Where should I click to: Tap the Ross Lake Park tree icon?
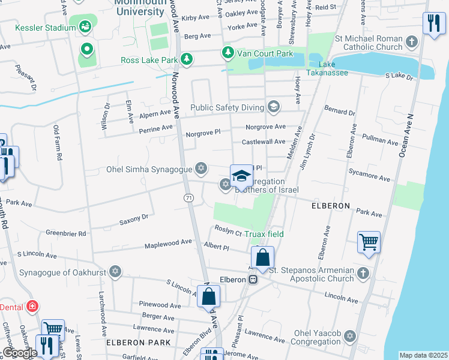(x=187, y=59)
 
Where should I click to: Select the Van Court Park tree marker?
(x=228, y=53)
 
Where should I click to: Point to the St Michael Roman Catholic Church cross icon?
(x=411, y=42)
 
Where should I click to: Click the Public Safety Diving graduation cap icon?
(x=274, y=107)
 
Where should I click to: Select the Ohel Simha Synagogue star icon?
(x=202, y=169)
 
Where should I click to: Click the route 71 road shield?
(x=188, y=197)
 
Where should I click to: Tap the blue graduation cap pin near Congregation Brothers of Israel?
(x=241, y=176)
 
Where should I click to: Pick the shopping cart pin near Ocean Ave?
(x=369, y=242)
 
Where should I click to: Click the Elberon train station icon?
(x=255, y=280)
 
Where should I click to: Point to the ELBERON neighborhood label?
(x=331, y=205)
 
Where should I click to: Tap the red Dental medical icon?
(x=32, y=307)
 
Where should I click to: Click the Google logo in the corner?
(x=19, y=353)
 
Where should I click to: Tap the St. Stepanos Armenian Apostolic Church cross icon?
(x=363, y=274)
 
